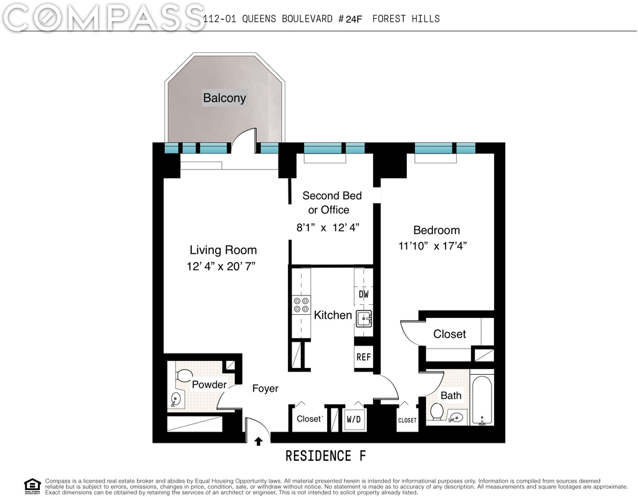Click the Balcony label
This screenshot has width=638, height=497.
tap(224, 98)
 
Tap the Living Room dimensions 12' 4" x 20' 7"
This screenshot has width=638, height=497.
tap(221, 266)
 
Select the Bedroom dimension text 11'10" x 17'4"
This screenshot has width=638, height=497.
tap(432, 246)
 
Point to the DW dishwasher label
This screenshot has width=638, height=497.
tap(363, 294)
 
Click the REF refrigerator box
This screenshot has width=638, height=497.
tap(363, 357)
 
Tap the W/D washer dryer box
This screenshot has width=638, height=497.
tap(354, 419)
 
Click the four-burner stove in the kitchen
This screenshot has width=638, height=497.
tap(302, 306)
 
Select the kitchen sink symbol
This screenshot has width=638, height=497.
tap(363, 319)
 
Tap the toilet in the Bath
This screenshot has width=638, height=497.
tap(437, 412)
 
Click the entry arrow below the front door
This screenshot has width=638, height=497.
tap(259, 442)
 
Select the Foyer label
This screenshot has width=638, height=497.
tap(265, 388)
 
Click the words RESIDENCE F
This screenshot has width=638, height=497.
tap(325, 456)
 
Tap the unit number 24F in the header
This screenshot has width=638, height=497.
tap(354, 19)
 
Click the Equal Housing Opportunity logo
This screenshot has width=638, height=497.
tap(32, 486)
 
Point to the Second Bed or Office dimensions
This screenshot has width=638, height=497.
tap(328, 228)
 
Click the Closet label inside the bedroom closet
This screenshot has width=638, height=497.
tap(449, 334)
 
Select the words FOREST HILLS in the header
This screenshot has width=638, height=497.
tap(406, 19)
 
